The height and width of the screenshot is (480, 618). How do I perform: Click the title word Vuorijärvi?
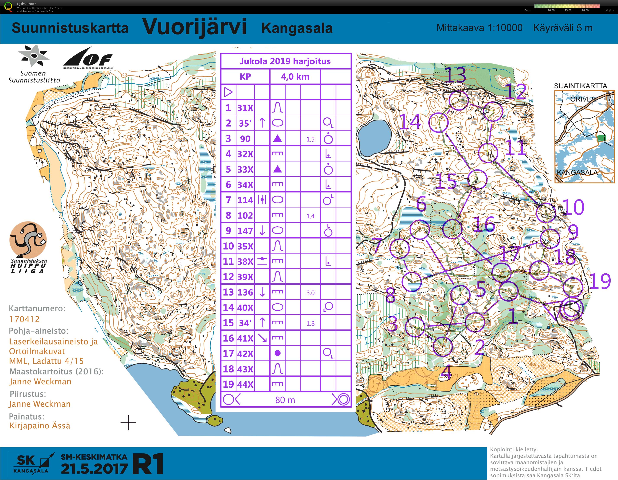click(x=194, y=27)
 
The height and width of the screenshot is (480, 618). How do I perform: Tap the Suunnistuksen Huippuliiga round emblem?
click(x=28, y=239)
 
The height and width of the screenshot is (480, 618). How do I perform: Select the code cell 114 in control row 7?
click(x=245, y=200)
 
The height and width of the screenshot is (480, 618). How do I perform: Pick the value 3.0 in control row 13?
click(x=310, y=293)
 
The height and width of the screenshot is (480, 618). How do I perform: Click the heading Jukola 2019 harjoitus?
click(x=285, y=61)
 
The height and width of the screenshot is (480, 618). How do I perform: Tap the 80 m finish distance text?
click(x=285, y=400)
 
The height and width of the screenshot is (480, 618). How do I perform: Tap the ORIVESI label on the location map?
click(x=584, y=99)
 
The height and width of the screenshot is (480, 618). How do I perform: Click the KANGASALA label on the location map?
click(x=577, y=172)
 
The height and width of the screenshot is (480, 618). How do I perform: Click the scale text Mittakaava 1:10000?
click(x=479, y=28)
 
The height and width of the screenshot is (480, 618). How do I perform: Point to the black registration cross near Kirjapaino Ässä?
click(x=128, y=423)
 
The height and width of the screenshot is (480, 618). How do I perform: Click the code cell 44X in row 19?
click(x=245, y=384)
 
